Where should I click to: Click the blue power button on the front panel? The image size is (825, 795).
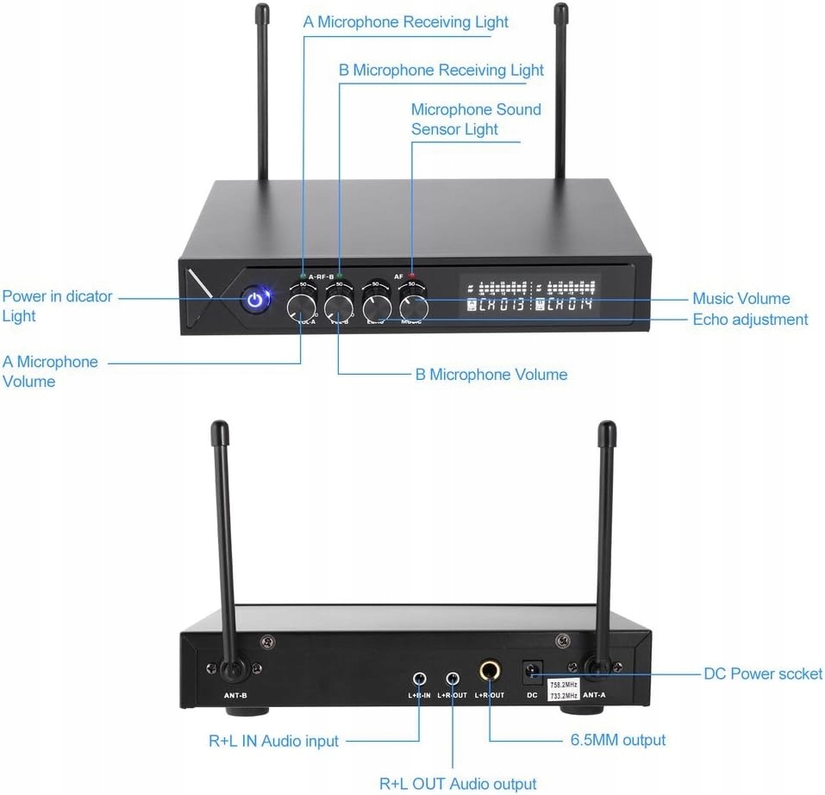click(254, 301)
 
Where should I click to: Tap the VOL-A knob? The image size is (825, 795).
click(301, 306)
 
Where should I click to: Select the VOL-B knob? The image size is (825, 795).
click(339, 306)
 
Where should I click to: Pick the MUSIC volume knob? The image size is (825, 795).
click(414, 307)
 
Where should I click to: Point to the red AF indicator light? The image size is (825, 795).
click(411, 276)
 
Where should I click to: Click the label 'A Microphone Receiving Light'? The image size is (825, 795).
click(405, 22)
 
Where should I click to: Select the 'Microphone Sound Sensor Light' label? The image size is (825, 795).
click(475, 119)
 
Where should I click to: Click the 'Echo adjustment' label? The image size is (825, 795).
click(750, 320)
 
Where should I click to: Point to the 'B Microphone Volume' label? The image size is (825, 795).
click(491, 374)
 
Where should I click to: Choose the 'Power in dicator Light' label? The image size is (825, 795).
click(57, 306)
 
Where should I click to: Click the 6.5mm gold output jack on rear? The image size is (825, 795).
click(491, 671)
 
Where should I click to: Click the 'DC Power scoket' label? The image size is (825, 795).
click(763, 674)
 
